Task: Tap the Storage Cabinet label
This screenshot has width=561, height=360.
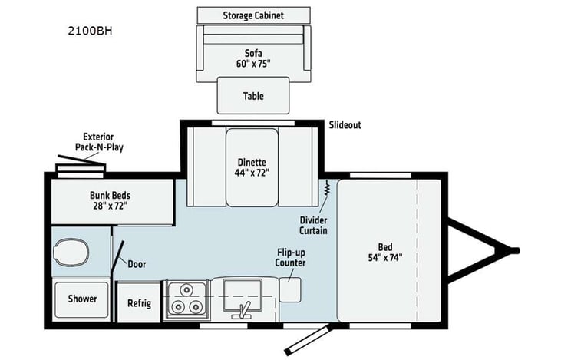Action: coord(253,15)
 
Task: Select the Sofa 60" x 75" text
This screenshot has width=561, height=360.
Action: coord(252,58)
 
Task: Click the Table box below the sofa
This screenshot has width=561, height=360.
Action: coord(253,96)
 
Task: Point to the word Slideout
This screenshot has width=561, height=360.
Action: coord(345,125)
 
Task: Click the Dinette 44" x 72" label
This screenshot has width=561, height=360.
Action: coord(252,167)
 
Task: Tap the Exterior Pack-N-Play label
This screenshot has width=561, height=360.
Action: coord(99,141)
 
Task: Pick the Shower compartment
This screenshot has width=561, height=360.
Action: coord(82,299)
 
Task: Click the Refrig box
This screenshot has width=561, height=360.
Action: coord(139,302)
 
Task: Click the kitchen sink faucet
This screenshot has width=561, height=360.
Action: coord(244,311)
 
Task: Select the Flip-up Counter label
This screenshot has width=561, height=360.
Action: coord(291,257)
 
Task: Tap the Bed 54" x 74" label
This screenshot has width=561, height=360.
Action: coord(384,252)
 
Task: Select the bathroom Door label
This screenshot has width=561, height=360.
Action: coord(137,264)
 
